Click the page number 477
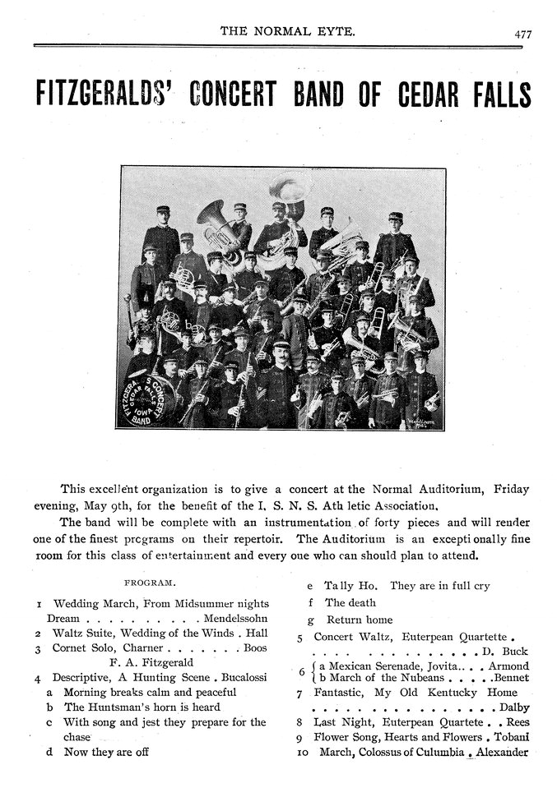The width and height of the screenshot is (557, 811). point(522,35)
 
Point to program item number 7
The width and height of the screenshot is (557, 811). point(300,693)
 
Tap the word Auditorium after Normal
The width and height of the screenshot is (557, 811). point(448,488)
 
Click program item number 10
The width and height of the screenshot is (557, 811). point(301,752)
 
